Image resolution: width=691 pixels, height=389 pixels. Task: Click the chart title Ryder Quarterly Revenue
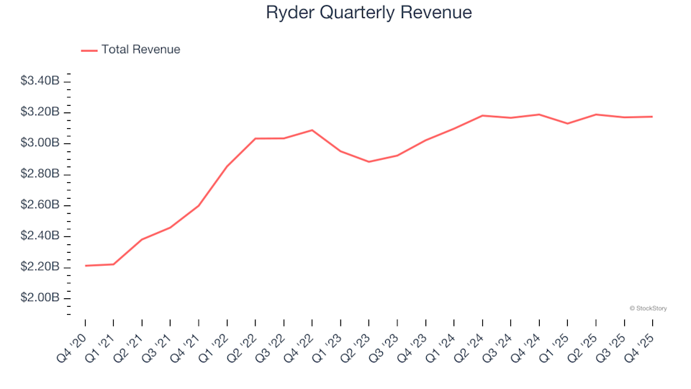pyautogui.click(x=369, y=13)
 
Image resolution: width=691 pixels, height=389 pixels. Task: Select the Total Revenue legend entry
pyautogui.click(x=140, y=50)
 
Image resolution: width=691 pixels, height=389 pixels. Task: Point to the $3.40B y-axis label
pyautogui.click(x=40, y=81)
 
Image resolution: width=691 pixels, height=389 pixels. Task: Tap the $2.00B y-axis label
pyautogui.click(x=40, y=298)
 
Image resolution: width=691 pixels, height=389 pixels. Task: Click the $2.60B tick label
pyautogui.click(x=40, y=205)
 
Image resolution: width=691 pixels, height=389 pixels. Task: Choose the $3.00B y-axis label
pyautogui.click(x=40, y=143)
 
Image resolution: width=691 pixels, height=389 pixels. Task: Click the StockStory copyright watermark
pyautogui.click(x=648, y=308)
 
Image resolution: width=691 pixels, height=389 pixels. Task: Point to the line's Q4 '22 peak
pyautogui.click(x=312, y=130)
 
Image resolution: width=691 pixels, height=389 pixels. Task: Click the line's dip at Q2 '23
pyautogui.click(x=369, y=161)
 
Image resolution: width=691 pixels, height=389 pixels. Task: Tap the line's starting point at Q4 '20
pyautogui.click(x=85, y=266)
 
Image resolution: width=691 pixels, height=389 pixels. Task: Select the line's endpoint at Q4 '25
pyautogui.click(x=652, y=117)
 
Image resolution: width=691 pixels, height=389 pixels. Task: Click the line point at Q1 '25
pyautogui.click(x=567, y=123)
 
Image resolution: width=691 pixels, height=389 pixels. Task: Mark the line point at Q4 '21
pyautogui.click(x=199, y=205)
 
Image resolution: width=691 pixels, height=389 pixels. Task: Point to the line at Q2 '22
pyautogui.click(x=256, y=138)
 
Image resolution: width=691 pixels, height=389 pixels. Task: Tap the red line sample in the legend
pyautogui.click(x=89, y=50)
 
